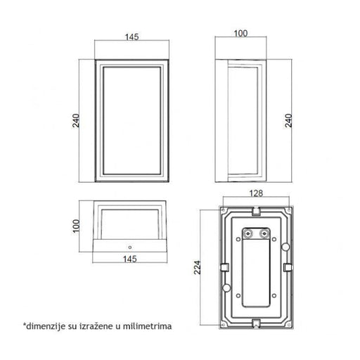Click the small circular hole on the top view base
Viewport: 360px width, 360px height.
coord(131,247)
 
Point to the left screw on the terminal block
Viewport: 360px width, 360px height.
coord(247,232)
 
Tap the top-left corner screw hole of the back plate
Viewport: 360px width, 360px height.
coord(226,210)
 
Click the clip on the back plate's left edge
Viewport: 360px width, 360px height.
coord(223,266)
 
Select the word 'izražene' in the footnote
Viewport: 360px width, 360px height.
coord(89,326)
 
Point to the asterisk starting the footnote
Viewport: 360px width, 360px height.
coord(25,325)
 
